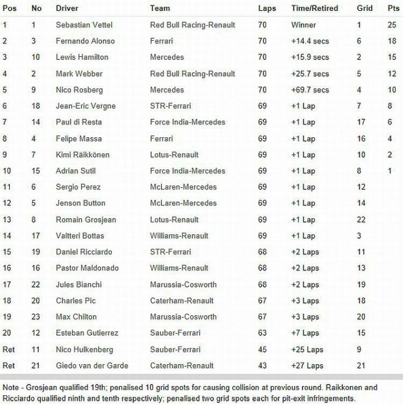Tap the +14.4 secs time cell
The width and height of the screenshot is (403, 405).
point(310,41)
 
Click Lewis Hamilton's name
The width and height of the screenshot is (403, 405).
point(82,57)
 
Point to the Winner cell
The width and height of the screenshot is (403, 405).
point(304,25)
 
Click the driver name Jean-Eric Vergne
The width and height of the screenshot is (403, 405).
point(86,106)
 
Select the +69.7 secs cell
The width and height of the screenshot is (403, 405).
point(310,90)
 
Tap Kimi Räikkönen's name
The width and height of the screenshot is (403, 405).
point(83,155)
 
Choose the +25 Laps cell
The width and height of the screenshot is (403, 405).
point(307,349)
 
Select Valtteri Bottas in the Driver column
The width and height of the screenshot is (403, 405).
point(80,235)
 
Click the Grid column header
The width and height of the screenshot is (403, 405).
point(364,9)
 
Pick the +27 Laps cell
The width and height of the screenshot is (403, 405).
point(307,366)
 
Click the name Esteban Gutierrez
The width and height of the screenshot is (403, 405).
point(86,333)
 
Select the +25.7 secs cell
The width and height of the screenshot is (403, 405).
point(310,74)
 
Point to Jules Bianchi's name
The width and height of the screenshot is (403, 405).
point(77,284)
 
